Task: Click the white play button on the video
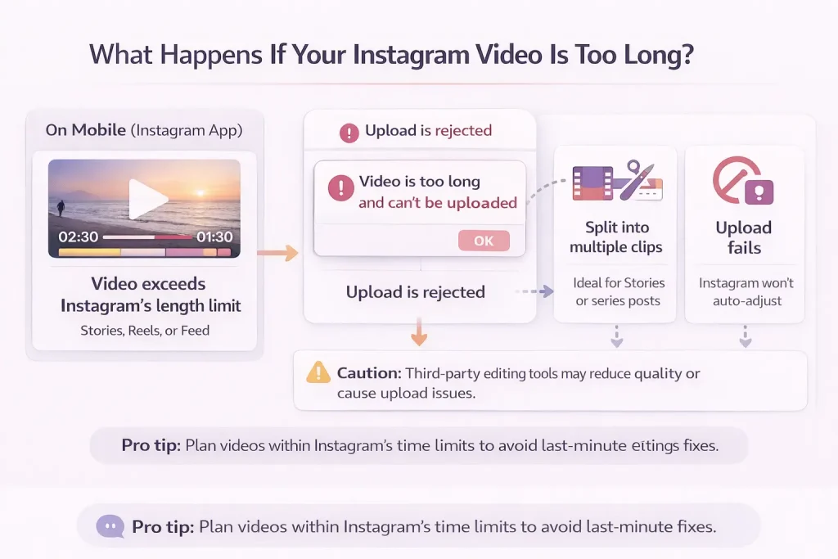click(x=147, y=199)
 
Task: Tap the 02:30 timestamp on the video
click(x=79, y=237)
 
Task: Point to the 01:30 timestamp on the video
click(x=214, y=237)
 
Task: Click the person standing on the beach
click(x=61, y=207)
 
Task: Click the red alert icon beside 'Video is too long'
click(x=340, y=190)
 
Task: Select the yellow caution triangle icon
click(x=318, y=373)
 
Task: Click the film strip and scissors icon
click(x=616, y=182)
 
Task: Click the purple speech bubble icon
click(x=110, y=526)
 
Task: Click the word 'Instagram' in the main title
click(x=371, y=54)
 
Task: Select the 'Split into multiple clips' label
click(x=616, y=237)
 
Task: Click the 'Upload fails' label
click(x=743, y=237)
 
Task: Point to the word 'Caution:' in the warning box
click(x=369, y=373)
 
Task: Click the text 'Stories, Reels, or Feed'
click(x=145, y=331)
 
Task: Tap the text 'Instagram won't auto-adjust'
click(x=746, y=292)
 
